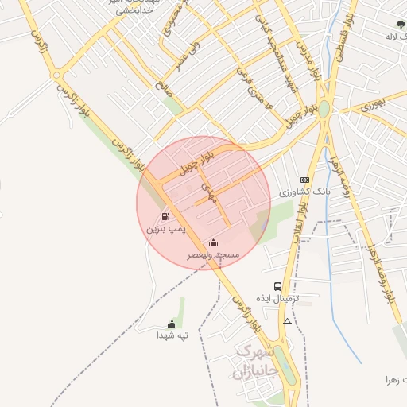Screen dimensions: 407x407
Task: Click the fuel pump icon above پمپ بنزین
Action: pyautogui.click(x=165, y=215)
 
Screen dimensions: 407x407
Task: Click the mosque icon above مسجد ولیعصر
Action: pyautogui.click(x=212, y=242)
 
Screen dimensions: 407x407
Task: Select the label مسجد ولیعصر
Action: pyautogui.click(x=213, y=255)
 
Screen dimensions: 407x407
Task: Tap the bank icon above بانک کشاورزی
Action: pyautogui.click(x=304, y=180)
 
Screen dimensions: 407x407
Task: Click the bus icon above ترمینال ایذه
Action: pyautogui.click(x=277, y=286)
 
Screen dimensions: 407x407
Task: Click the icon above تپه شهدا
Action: pyautogui.click(x=172, y=323)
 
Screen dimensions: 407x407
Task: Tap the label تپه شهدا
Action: pyautogui.click(x=172, y=335)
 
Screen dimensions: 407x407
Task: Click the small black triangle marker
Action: pyautogui.click(x=287, y=321)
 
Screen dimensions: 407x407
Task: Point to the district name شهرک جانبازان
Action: pyautogui.click(x=256, y=361)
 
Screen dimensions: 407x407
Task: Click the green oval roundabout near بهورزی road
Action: pyautogui.click(x=324, y=110)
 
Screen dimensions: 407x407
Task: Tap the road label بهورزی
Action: pyautogui.click(x=372, y=103)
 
